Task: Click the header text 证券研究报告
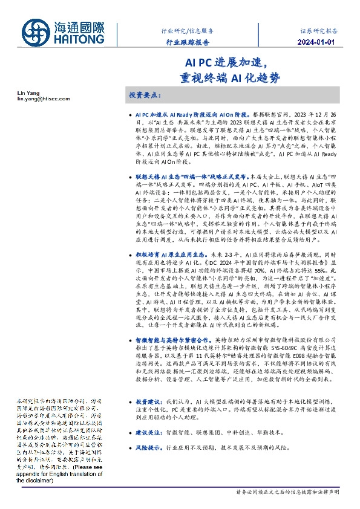click(x=319, y=30)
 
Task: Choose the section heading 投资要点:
click(x=143, y=96)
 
